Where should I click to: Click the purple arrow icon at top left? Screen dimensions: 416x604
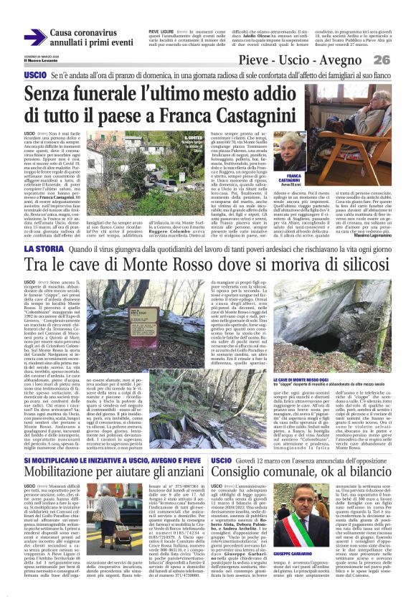[37, 38]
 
